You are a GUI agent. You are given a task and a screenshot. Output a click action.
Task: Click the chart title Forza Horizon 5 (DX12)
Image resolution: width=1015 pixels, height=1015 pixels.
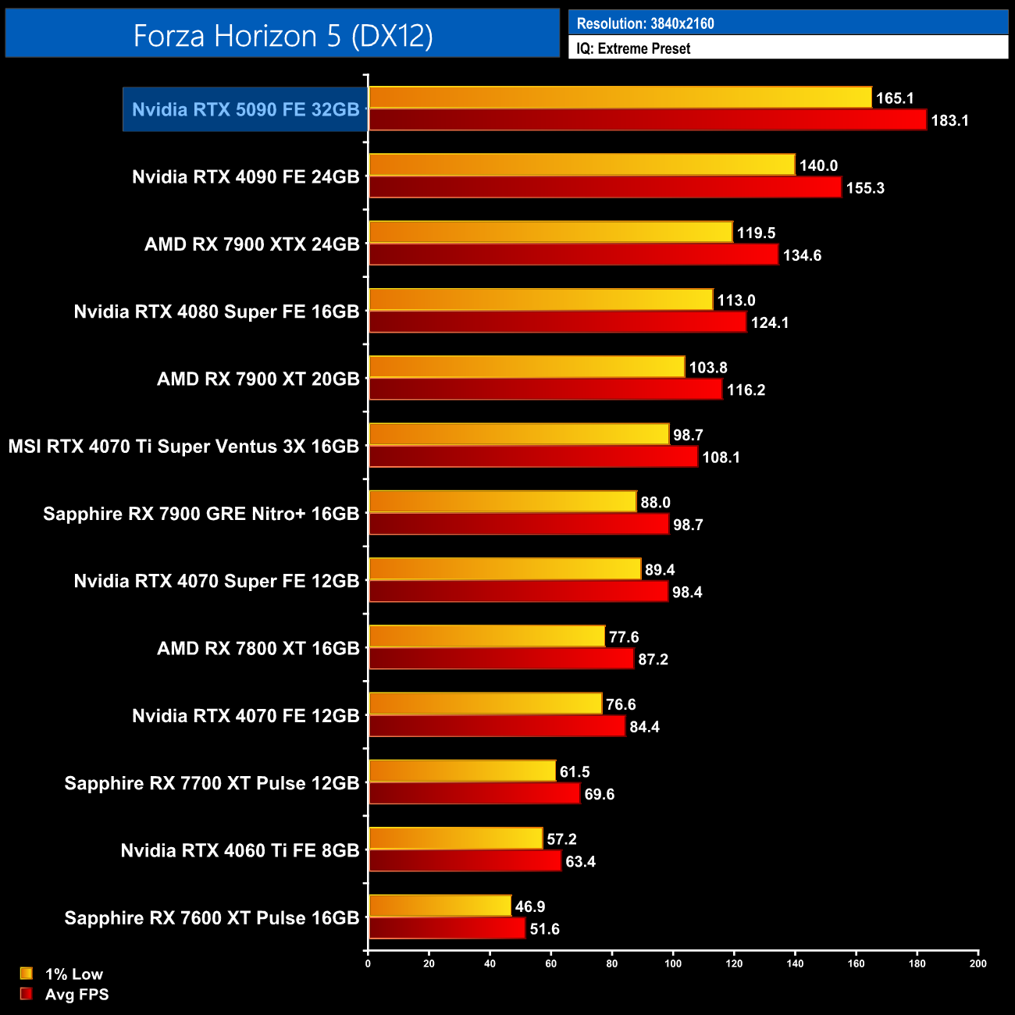[283, 36]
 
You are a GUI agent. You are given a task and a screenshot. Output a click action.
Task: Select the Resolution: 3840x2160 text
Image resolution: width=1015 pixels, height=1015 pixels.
[645, 23]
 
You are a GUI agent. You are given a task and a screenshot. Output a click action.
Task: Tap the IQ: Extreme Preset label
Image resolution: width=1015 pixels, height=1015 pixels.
[633, 48]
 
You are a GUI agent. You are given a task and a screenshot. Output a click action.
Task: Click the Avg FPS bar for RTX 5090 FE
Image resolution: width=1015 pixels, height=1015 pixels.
[647, 120]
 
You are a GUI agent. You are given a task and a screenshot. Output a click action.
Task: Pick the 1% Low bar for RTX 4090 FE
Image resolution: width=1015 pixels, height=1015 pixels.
[582, 165]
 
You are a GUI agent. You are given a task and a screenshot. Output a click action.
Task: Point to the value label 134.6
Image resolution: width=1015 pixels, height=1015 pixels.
[802, 255]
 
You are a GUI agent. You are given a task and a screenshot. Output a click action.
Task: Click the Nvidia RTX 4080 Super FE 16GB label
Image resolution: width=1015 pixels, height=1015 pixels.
[216, 312]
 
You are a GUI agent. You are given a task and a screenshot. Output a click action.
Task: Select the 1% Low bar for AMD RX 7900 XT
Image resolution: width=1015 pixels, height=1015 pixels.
[526, 367]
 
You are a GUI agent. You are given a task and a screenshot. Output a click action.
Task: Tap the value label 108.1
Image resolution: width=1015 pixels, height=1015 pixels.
[721, 458]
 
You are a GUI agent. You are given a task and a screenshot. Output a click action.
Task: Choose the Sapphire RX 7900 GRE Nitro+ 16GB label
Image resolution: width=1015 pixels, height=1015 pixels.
[201, 514]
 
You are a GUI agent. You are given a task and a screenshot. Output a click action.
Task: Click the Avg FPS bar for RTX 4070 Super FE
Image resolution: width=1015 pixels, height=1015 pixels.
[518, 592]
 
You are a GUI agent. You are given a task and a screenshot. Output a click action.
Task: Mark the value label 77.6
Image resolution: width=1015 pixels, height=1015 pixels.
[624, 637]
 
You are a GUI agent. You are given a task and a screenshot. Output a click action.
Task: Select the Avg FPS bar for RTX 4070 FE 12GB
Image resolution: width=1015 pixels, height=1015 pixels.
[497, 727]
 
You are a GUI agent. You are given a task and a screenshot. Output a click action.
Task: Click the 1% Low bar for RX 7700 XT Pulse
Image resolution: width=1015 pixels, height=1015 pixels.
[462, 771]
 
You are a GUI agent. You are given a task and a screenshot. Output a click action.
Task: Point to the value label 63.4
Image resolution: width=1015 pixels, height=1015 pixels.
[580, 862]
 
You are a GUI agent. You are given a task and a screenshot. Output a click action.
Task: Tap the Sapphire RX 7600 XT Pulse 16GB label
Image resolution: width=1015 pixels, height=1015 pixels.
[212, 918]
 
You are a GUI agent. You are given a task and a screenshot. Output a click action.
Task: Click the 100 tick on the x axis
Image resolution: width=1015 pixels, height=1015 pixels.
[673, 963]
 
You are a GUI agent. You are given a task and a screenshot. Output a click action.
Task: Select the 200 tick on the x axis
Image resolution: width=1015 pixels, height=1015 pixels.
[978, 963]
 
